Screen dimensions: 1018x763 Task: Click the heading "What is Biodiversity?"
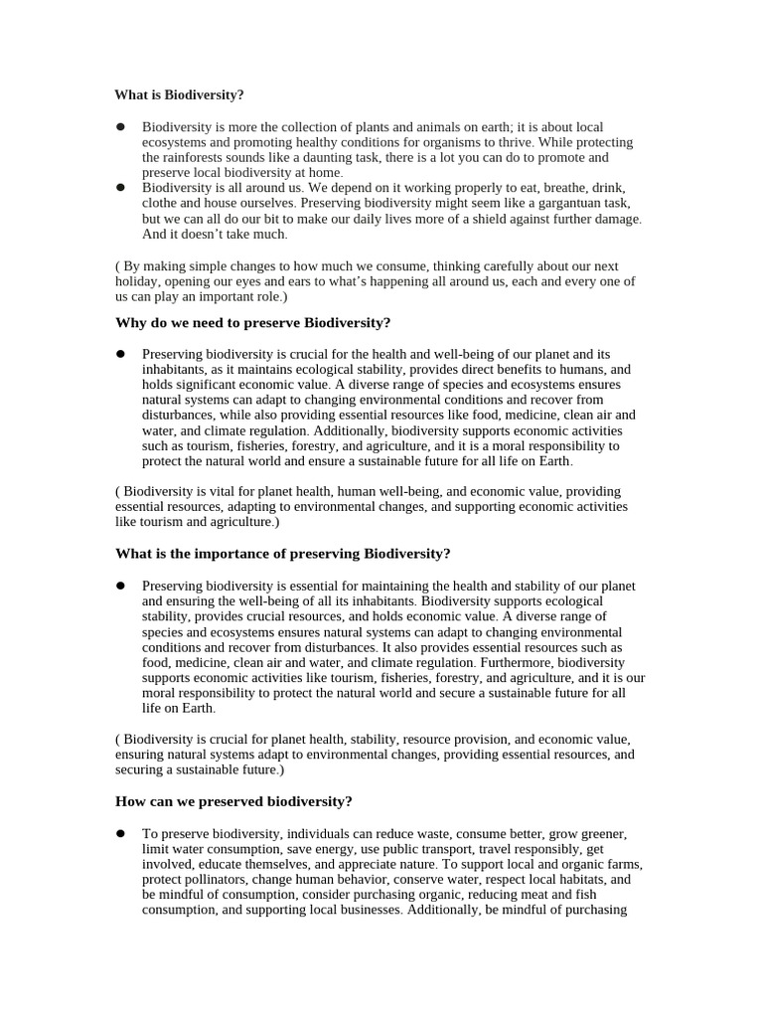[x=179, y=95]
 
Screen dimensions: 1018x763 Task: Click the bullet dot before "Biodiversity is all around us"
[x=120, y=187]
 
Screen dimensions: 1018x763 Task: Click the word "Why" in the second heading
[x=131, y=323]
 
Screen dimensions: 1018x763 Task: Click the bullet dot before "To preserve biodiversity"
[x=120, y=833]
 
